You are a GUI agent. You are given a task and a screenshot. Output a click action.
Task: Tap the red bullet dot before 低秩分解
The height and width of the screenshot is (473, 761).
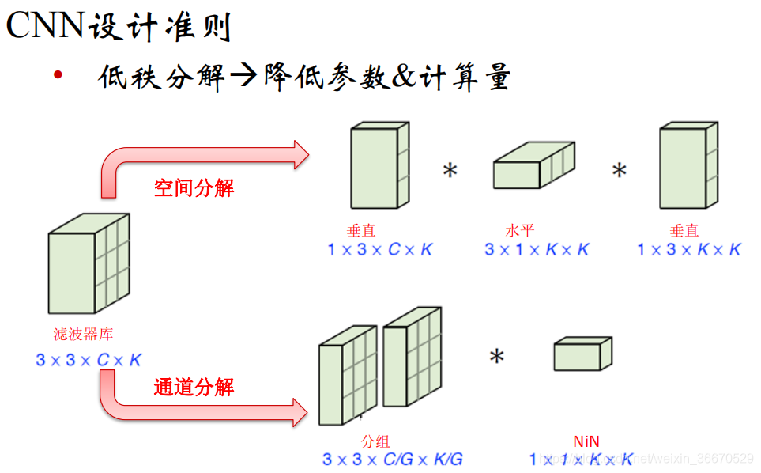click(58, 76)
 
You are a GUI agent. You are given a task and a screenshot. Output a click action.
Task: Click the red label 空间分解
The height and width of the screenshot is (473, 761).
click(194, 188)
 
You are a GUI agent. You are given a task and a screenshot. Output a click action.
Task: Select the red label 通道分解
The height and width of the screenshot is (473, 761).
click(194, 388)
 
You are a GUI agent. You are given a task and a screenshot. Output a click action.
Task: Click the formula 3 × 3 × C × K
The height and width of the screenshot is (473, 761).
click(88, 360)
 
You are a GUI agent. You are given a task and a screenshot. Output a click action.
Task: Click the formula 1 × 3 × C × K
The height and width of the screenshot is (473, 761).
click(380, 250)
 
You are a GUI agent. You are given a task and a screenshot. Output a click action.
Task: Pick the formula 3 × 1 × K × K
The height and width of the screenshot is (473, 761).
click(537, 250)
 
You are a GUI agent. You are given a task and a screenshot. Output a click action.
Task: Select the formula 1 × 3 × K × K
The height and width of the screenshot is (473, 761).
click(689, 250)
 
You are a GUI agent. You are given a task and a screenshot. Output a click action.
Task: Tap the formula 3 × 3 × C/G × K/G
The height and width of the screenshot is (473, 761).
click(392, 459)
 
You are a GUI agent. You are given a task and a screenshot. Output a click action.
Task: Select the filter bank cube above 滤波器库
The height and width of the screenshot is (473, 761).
click(87, 265)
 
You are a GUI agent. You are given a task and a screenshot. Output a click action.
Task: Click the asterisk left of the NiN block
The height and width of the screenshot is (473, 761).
click(496, 358)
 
